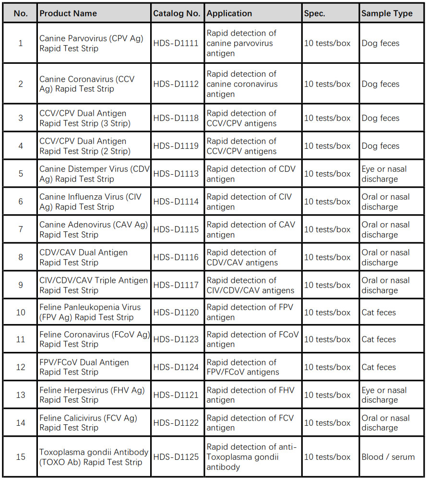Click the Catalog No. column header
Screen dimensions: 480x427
(x=177, y=13)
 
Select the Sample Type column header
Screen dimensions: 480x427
(x=387, y=13)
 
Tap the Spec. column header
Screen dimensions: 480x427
(x=315, y=13)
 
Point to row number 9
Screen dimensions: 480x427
(x=21, y=285)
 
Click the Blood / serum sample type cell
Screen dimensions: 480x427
(x=388, y=457)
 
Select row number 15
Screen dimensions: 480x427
(x=21, y=457)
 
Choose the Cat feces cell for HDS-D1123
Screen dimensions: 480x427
(x=379, y=339)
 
